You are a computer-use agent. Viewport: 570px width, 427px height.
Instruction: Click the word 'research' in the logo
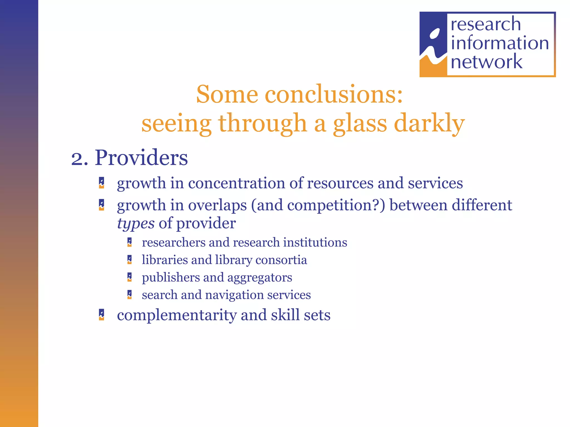click(486, 24)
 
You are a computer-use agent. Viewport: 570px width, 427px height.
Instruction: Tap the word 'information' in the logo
click(500, 43)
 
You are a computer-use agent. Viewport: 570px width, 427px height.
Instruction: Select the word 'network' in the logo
click(487, 62)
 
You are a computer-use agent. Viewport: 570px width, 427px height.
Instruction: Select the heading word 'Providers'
click(141, 158)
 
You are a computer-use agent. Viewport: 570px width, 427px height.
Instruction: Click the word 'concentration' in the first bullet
click(237, 183)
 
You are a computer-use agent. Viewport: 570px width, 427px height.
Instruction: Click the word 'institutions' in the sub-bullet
click(315, 242)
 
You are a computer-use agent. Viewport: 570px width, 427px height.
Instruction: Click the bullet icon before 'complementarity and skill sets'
click(102, 315)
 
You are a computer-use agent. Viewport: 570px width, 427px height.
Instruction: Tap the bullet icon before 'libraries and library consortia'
click(129, 260)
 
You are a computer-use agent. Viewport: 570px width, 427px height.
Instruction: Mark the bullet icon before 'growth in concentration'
click(102, 183)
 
